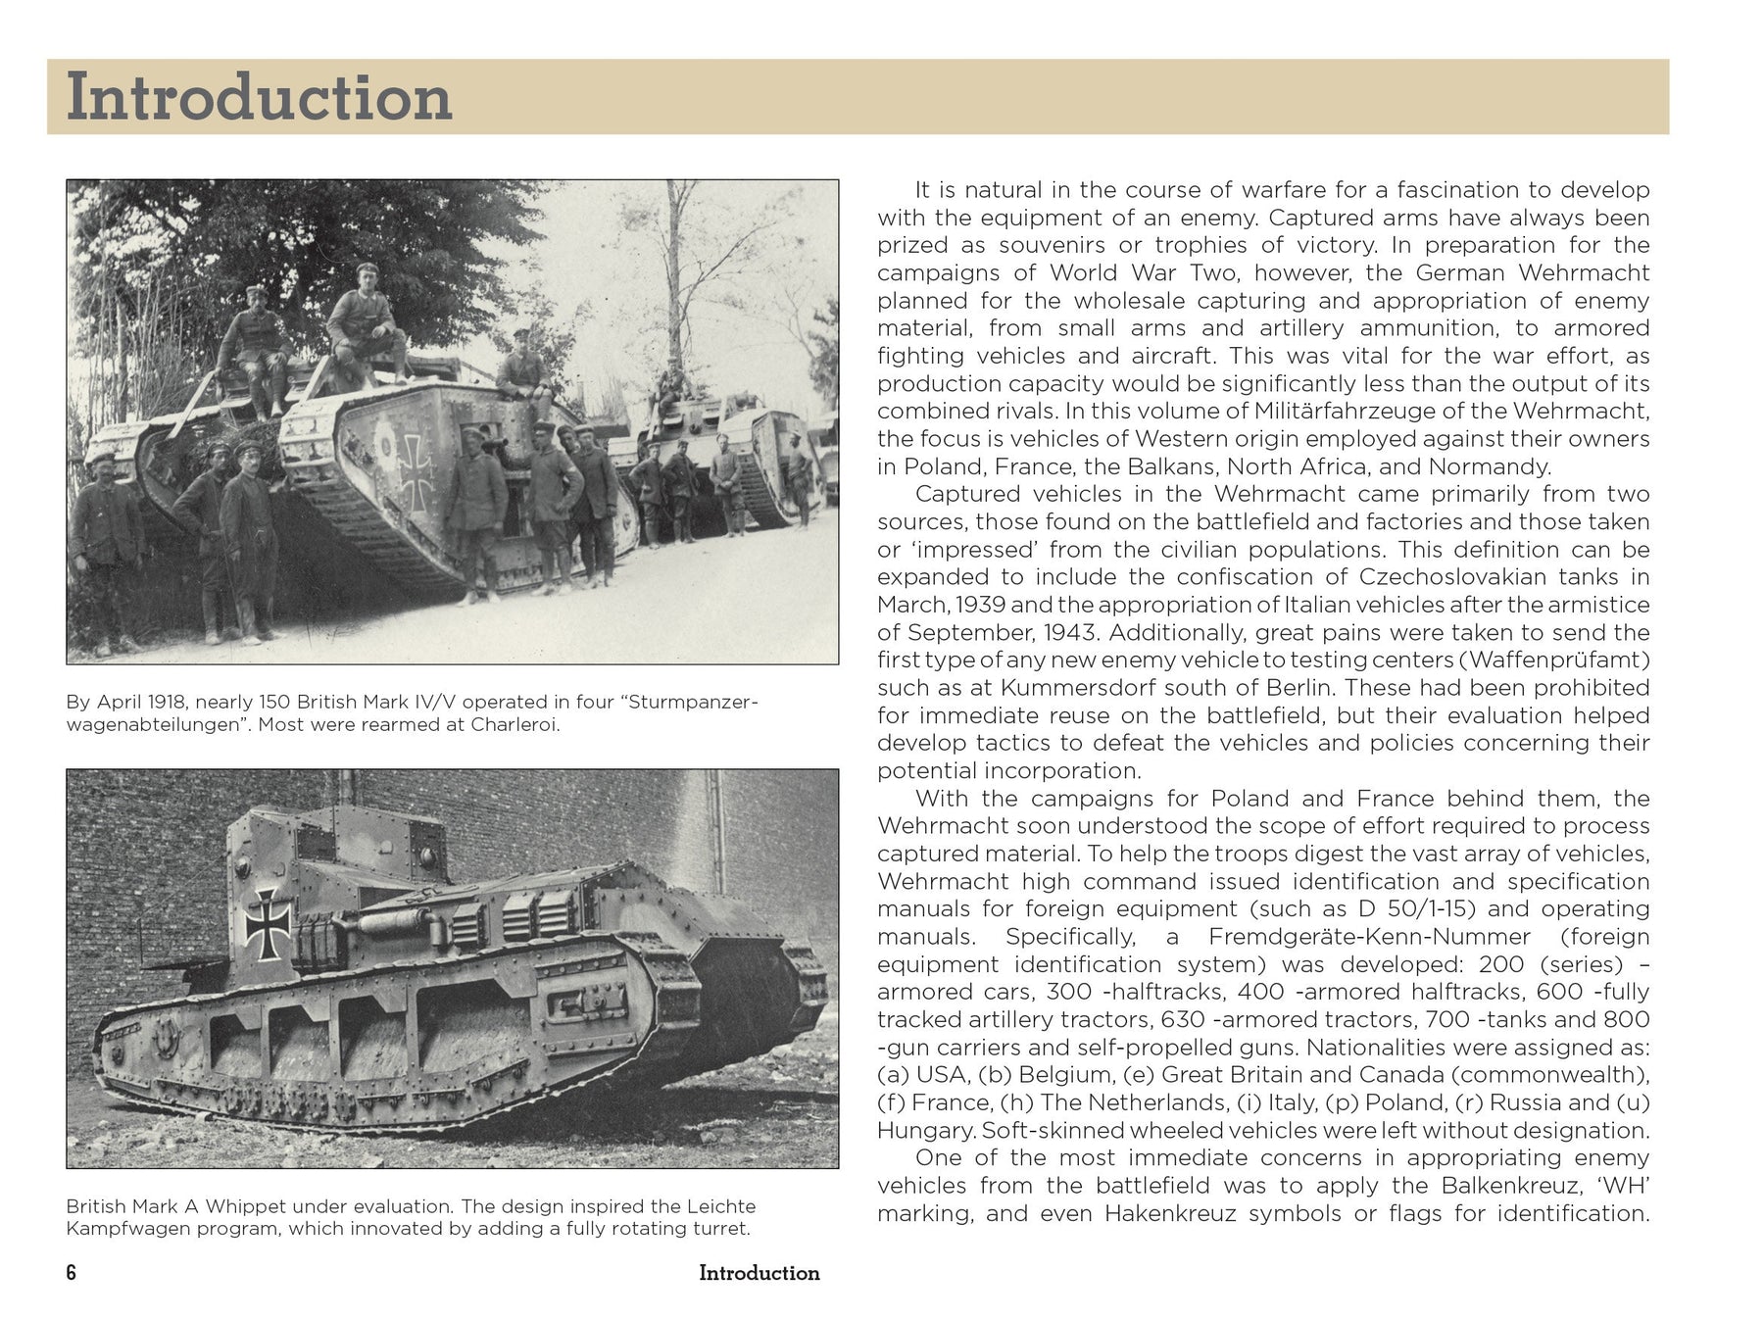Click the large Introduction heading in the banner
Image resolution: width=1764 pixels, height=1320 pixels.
click(259, 98)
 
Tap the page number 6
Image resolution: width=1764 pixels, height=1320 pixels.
click(71, 1273)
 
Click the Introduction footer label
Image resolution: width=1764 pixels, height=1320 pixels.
click(759, 1273)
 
